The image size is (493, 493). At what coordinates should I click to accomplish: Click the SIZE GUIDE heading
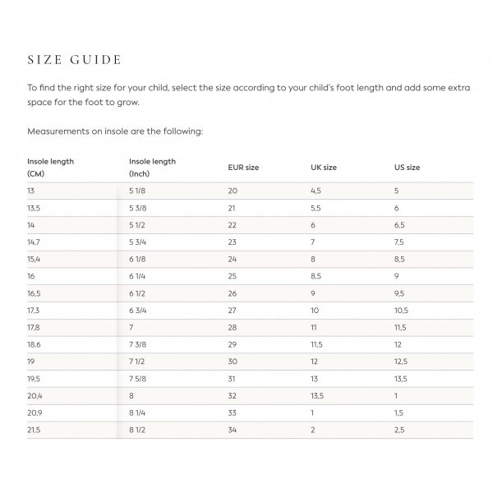[x=75, y=60]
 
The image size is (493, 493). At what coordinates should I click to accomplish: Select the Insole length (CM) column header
[x=50, y=168]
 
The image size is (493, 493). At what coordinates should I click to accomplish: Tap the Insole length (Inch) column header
[x=152, y=168]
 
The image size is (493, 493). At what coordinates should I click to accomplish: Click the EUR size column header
[x=243, y=168]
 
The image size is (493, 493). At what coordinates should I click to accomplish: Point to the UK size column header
[x=323, y=168]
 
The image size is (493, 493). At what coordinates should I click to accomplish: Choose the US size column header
[x=407, y=168]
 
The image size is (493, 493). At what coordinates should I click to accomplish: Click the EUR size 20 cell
[x=233, y=191]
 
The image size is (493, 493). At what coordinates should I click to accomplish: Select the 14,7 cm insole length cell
[x=35, y=242]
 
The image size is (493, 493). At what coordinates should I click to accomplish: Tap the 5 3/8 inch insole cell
[x=138, y=208]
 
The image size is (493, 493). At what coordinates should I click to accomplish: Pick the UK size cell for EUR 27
[x=314, y=311]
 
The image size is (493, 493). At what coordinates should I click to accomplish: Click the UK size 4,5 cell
[x=316, y=191]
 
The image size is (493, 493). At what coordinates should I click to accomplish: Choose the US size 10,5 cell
[x=402, y=311]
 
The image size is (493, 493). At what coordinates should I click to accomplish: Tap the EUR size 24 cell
[x=233, y=260]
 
